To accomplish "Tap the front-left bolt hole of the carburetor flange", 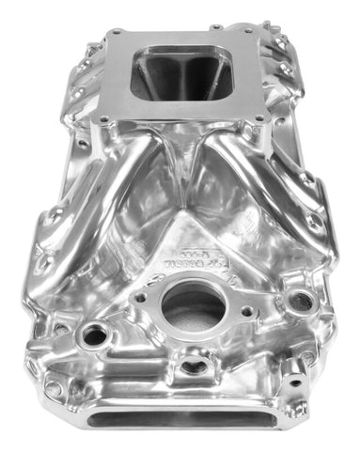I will pyautogui.click(x=104, y=120).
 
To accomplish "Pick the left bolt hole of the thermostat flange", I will pyautogui.click(x=140, y=298).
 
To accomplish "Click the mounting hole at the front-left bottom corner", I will pyautogui.click(x=54, y=387).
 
